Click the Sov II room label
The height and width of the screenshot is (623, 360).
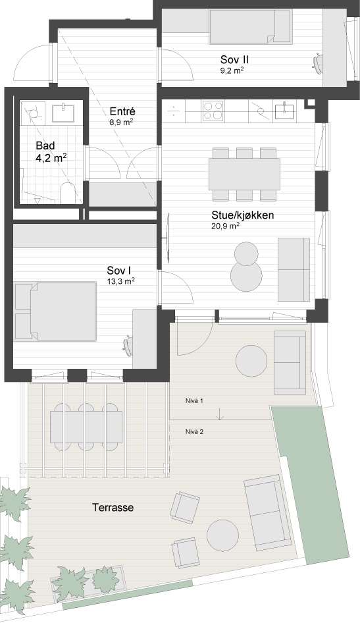[x=234, y=60]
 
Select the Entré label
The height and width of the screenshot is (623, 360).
[x=122, y=111]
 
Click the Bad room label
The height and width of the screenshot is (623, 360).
[x=45, y=145]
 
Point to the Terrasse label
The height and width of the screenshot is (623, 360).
[x=113, y=507]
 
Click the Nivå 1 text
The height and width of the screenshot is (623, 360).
[x=195, y=401]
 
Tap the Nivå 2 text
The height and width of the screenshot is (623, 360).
[x=195, y=431]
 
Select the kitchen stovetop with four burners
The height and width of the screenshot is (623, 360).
[x=213, y=111]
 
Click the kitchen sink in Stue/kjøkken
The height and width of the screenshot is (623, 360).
[x=284, y=110]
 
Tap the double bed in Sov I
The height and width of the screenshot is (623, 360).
[x=55, y=311]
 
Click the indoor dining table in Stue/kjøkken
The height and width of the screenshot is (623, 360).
[x=245, y=174]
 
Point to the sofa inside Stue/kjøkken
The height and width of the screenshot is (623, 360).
[x=294, y=269]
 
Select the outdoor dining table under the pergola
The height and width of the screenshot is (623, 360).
[x=86, y=427]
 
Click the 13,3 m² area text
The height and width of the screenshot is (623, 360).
[x=120, y=281]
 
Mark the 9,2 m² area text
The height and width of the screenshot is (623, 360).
[x=232, y=70]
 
